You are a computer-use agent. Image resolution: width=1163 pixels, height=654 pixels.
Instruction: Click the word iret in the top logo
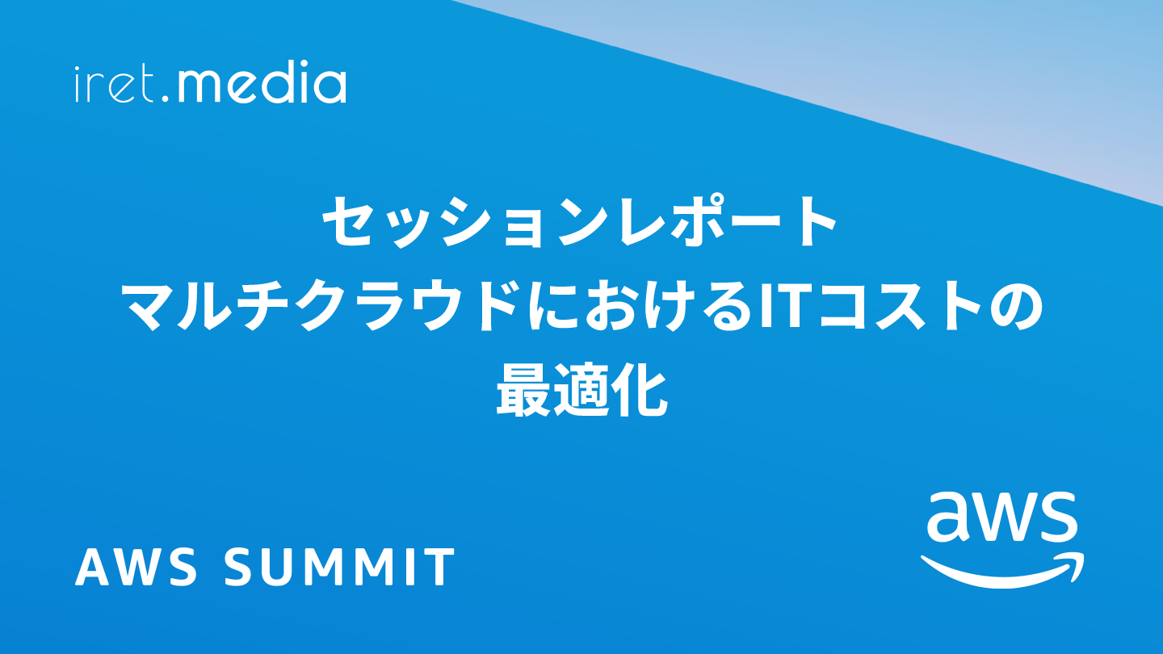click(x=114, y=84)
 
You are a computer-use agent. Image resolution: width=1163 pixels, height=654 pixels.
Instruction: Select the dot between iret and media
click(x=166, y=98)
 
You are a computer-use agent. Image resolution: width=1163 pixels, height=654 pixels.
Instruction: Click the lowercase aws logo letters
click(x=1001, y=516)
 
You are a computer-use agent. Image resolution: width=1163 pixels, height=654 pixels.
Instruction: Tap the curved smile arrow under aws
click(x=1002, y=571)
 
